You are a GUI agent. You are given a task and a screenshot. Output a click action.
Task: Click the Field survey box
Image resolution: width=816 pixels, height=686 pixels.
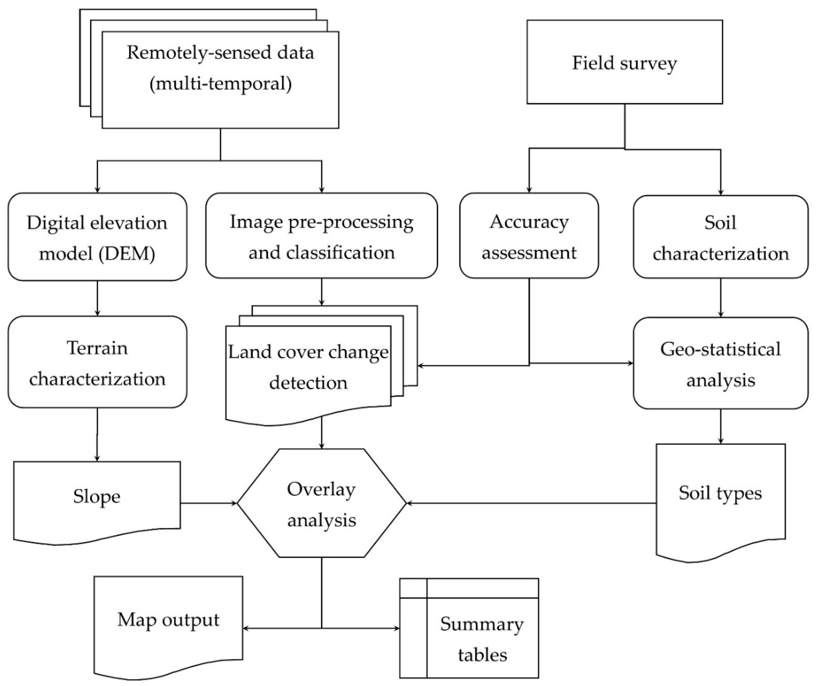[x=624, y=62]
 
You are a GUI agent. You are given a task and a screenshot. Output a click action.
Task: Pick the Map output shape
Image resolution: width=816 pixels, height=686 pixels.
[x=168, y=620]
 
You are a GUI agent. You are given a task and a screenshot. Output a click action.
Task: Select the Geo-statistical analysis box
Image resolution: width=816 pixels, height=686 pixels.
[x=720, y=364]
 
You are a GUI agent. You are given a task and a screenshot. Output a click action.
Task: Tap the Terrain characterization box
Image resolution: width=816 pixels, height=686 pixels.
[x=97, y=363]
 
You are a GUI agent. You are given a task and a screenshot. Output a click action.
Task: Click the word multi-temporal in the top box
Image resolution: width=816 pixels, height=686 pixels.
[x=221, y=84]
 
